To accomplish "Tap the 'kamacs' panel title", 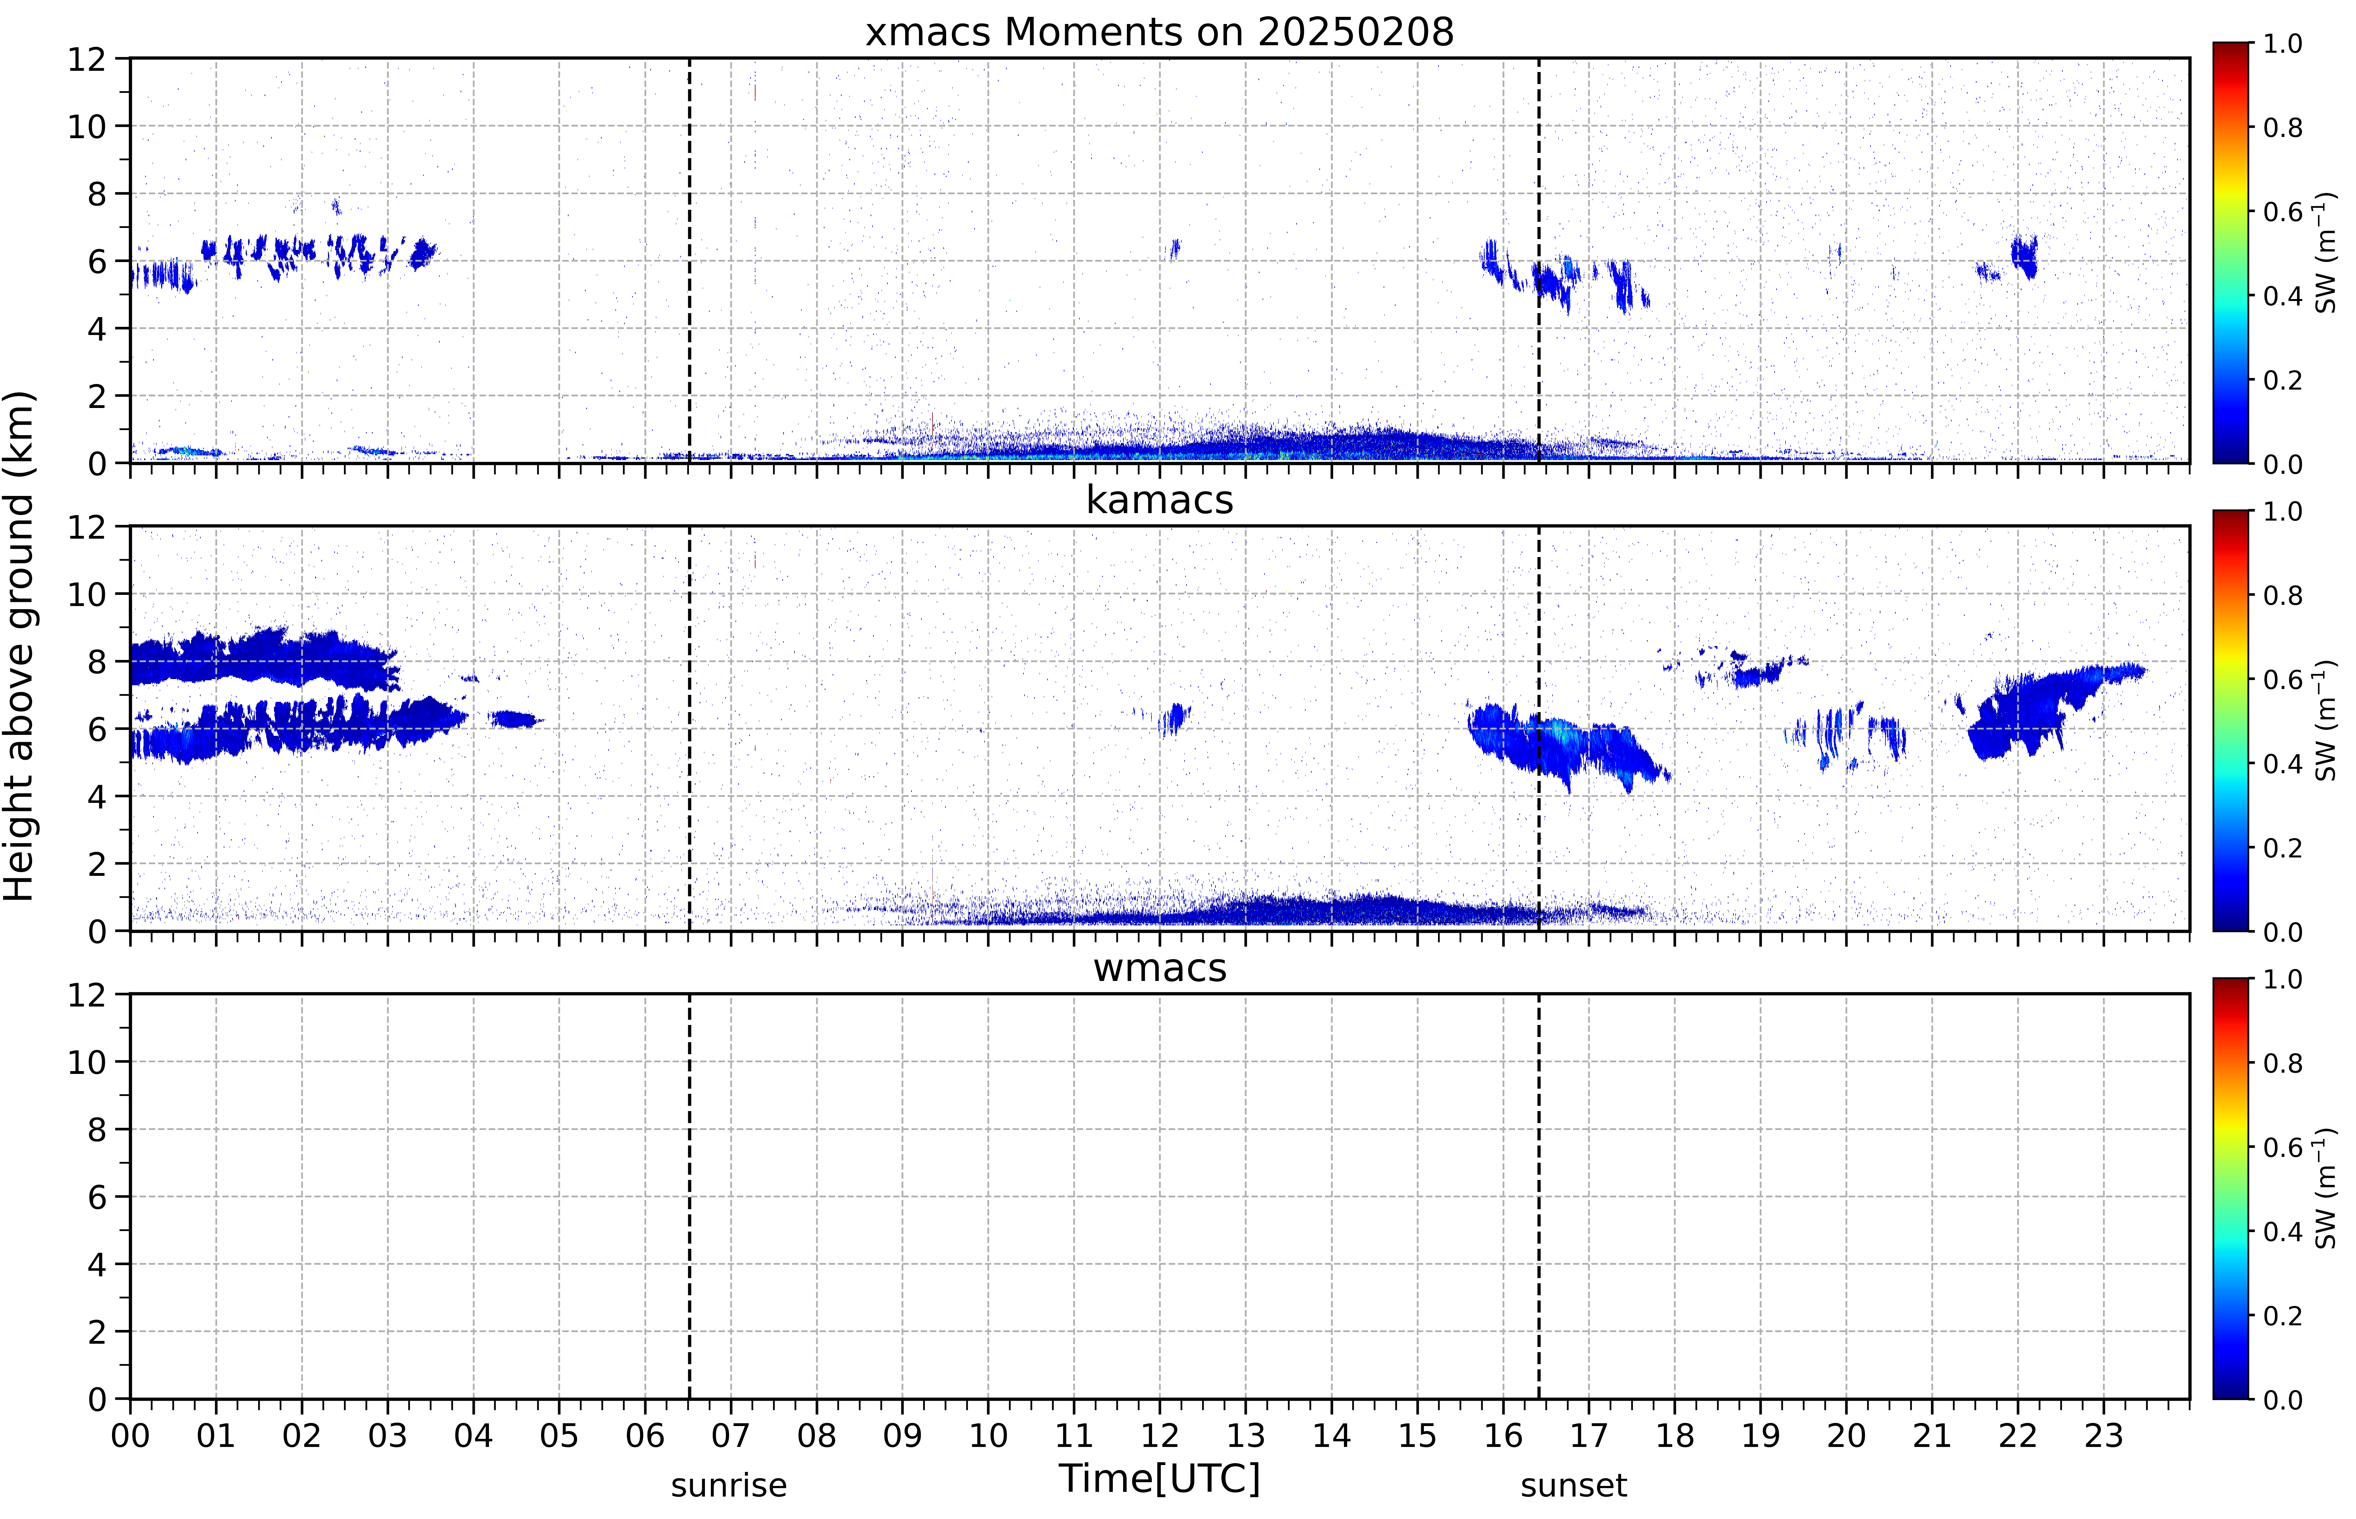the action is [1159, 500].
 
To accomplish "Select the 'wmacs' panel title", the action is [1159, 968].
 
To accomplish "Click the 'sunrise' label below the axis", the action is [729, 1485].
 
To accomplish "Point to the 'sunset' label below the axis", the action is [1574, 1485].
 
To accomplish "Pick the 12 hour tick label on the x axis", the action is [1159, 1435].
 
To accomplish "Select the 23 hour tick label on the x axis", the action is [2104, 1435].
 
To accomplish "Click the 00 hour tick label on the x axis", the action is [130, 1435].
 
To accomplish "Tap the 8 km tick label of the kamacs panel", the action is [97, 662].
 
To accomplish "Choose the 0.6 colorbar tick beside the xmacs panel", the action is [2282, 212].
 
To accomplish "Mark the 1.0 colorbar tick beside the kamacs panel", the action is [2282, 512].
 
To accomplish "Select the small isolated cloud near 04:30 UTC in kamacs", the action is [515, 719].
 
